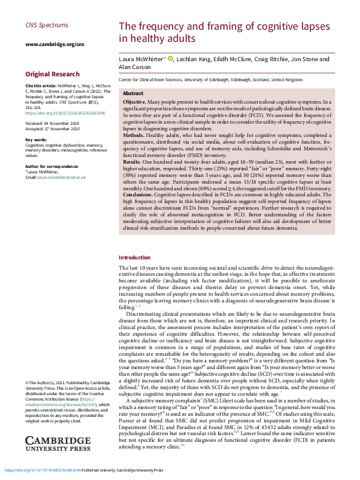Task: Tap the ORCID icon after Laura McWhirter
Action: (x=170, y=59)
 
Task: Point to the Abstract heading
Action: (x=133, y=93)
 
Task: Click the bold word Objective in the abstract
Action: (x=134, y=102)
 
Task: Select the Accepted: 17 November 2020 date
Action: (x=53, y=129)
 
